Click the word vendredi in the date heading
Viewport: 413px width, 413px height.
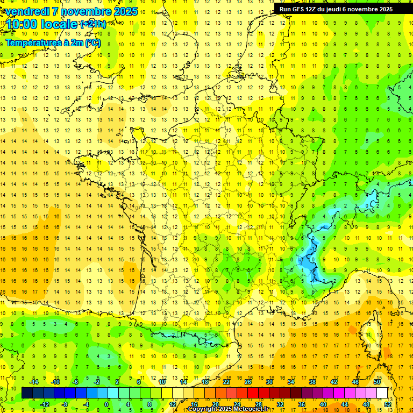pos(24,11)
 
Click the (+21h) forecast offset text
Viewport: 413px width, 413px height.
pos(92,24)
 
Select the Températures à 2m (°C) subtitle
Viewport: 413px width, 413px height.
pos(53,43)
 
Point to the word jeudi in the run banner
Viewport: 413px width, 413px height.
pos(352,9)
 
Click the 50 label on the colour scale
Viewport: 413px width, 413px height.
pos(376,381)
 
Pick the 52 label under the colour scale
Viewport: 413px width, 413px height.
pos(387,404)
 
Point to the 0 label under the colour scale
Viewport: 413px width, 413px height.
pos(106,404)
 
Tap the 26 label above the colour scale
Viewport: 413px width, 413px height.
pos(247,381)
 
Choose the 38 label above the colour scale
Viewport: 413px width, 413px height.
pos(312,381)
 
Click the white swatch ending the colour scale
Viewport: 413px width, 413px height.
pos(382,393)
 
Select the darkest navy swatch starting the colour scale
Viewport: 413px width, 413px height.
pos(27,393)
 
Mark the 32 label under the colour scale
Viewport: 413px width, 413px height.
pos(280,404)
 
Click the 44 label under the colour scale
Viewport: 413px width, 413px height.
pos(344,404)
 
